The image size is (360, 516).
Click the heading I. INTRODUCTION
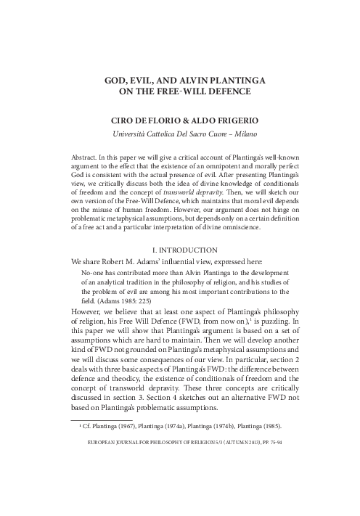[x=179, y=249]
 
